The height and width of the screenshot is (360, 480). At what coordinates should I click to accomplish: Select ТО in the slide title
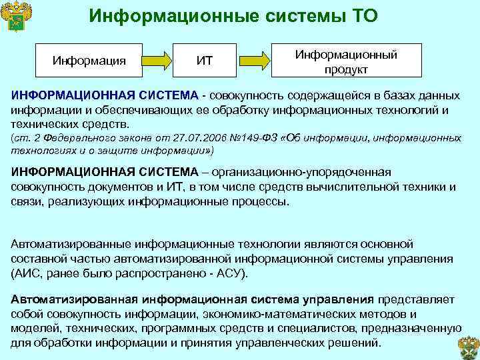[x=360, y=15]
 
